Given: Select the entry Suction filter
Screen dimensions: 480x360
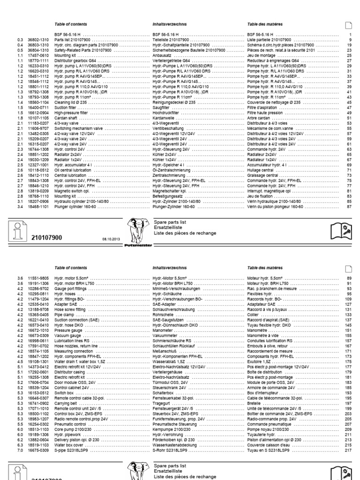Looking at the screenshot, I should tap(66, 108).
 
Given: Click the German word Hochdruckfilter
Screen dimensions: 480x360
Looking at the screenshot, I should tap(166, 112).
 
